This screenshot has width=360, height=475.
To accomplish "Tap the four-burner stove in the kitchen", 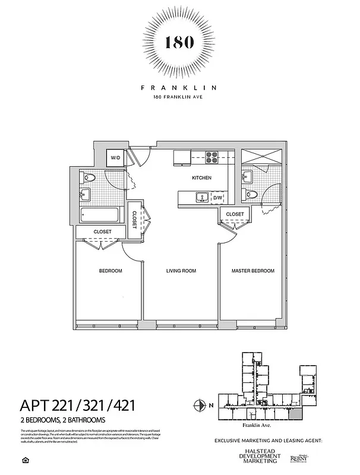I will click(212, 157).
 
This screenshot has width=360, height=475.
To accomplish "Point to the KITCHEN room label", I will click(201, 178).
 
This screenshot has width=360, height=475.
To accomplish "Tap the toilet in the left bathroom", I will click(91, 177).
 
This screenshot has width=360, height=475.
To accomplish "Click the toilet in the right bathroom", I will click(251, 194).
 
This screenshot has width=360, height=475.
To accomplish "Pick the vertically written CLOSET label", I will click(135, 218).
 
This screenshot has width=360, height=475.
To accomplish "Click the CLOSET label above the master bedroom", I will click(235, 214).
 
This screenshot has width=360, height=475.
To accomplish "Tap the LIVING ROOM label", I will click(181, 271).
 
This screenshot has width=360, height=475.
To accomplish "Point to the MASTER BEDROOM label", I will click(252, 271).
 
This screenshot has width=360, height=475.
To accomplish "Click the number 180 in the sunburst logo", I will click(179, 42).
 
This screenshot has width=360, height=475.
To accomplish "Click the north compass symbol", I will click(200, 406).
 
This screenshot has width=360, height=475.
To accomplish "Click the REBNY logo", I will click(298, 458).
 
